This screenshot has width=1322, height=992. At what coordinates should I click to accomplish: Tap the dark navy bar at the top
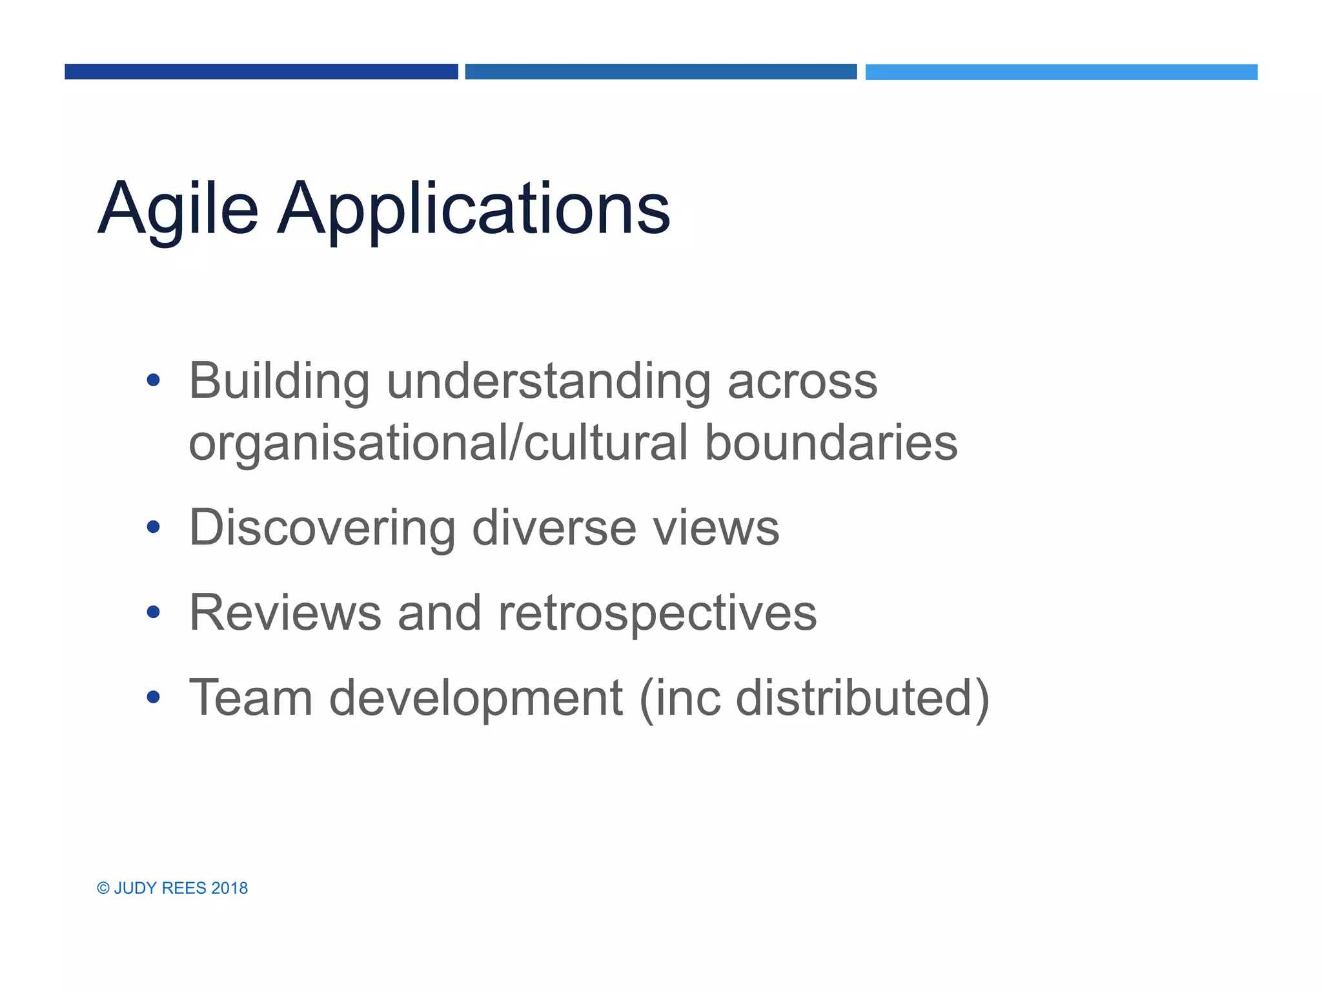[x=261, y=72]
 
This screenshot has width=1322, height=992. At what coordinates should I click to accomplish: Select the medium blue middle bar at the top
[x=660, y=72]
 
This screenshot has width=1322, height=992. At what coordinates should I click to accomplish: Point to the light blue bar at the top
[x=1061, y=72]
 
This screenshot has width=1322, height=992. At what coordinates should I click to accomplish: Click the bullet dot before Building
[x=153, y=380]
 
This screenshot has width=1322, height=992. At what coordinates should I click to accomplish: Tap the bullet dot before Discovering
[x=153, y=527]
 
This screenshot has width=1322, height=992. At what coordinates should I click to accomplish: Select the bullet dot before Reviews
[x=153, y=612]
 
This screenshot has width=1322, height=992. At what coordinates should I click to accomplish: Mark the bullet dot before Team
[x=153, y=697]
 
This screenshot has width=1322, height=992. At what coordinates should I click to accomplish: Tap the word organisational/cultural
[x=438, y=444]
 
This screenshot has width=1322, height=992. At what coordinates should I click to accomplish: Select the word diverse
[x=554, y=528]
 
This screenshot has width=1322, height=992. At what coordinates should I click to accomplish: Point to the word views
[x=716, y=528]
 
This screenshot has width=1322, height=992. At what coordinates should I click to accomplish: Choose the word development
[x=476, y=699]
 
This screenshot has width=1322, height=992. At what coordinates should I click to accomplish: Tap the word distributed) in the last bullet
[x=862, y=699]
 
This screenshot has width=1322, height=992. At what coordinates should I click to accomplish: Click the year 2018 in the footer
[x=229, y=888]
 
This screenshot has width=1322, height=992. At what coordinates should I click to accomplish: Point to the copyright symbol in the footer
[x=103, y=888]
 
